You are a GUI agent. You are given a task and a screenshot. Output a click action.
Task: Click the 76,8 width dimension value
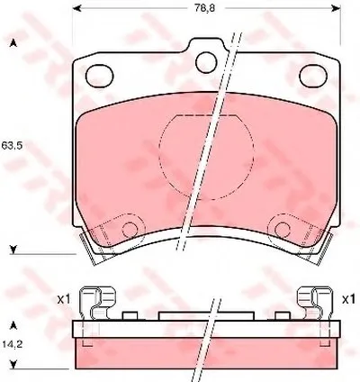204,8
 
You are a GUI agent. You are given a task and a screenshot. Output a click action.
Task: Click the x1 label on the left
64,299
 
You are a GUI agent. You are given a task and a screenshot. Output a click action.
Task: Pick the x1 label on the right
348,299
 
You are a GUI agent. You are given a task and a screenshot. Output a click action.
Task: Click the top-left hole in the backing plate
99,76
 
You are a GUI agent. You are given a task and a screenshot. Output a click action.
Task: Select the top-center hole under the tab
206,62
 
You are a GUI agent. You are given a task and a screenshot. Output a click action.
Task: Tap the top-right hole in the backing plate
313,76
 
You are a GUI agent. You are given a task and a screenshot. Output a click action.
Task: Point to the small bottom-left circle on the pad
130,230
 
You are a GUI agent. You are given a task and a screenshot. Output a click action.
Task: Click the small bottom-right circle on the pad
283,230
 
